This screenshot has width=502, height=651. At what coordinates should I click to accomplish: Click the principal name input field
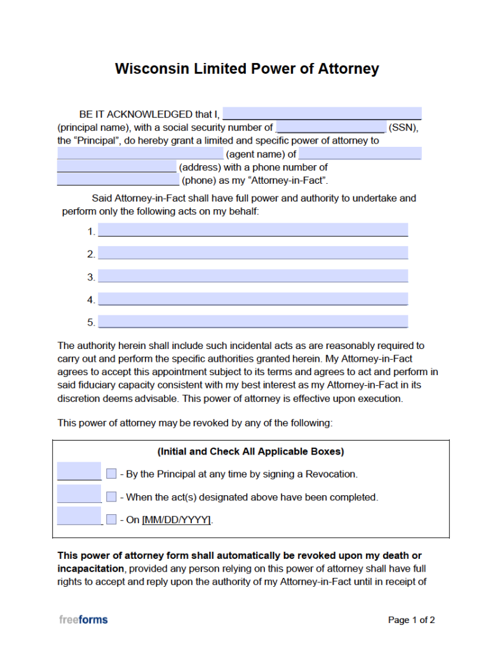(322, 114)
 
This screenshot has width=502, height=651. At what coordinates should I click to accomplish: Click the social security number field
(330, 127)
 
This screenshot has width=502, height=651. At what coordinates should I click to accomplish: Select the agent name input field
(140, 154)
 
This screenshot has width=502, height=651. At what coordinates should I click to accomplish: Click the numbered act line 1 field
(252, 230)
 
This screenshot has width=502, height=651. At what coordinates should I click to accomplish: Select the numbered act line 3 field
(252, 276)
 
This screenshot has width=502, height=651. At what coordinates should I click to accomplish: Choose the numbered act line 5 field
(252, 322)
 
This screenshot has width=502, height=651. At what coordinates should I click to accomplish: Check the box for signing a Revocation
(111, 474)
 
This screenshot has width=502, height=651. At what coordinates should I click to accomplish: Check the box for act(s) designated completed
(111, 497)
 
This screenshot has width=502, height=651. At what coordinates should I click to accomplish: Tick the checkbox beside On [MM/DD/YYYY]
(111, 519)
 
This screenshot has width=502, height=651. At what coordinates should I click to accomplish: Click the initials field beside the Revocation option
(79, 471)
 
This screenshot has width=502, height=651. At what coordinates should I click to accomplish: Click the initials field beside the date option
(79, 516)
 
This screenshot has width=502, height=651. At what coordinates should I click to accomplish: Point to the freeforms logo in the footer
(83, 619)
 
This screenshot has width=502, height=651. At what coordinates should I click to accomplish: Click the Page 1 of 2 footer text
(411, 620)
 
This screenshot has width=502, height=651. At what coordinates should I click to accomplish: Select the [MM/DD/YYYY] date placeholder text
(176, 520)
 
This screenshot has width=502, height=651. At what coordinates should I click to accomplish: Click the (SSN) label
(403, 127)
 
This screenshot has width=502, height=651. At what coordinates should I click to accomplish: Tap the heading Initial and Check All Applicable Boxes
(250, 451)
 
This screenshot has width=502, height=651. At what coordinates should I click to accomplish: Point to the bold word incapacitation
(90, 568)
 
